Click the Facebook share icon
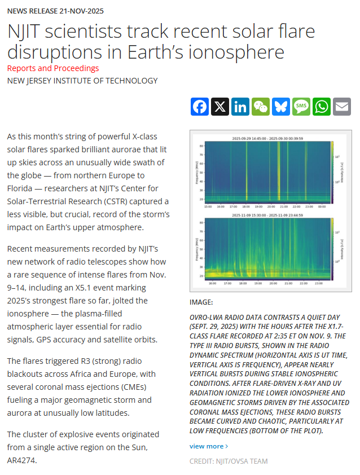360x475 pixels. coord(200,107)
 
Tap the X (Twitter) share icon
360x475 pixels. coord(220,107)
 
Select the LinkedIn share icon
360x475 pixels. coord(240,107)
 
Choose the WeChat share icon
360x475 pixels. coord(261,107)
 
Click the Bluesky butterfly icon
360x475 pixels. coord(281,107)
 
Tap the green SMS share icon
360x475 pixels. coord(301,107)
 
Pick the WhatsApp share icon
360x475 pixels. coord(322,107)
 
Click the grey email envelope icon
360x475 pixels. coord(342,107)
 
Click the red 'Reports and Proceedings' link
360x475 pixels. coord(53,68)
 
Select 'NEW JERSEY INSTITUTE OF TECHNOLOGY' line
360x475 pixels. coord(82,81)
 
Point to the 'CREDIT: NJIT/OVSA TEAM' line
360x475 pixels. coord(229,461)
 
